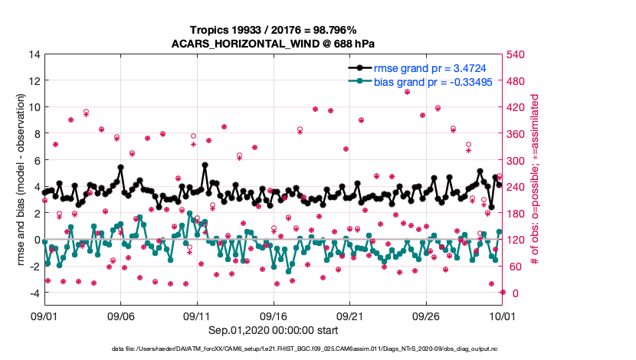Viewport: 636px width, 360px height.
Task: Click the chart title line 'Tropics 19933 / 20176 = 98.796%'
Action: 273,28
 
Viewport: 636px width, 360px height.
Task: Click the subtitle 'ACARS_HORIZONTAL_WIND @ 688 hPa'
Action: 273,43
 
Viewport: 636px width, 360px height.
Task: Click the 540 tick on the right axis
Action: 520,54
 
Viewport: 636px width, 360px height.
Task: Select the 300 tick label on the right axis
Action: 520,161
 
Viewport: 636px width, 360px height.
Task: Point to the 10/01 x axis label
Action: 503,316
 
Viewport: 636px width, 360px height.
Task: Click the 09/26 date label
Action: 426,316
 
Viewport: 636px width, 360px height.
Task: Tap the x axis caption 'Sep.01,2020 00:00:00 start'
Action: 273,330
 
